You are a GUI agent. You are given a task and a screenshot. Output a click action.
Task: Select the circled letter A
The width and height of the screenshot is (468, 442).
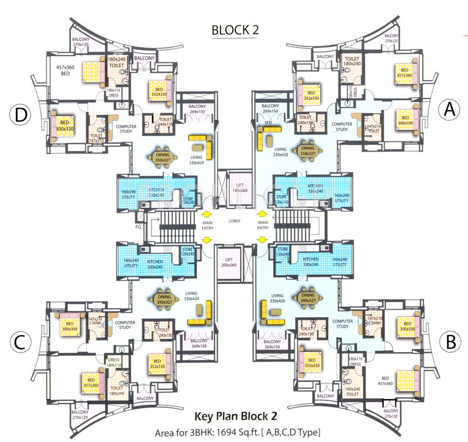[449, 109]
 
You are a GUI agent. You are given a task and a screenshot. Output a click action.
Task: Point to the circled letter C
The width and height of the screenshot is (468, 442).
[20, 342]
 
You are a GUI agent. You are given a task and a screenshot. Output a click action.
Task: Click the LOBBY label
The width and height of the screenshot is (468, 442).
[236, 221]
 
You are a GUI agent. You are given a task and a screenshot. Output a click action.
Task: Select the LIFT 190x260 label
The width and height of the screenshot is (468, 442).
[235, 186]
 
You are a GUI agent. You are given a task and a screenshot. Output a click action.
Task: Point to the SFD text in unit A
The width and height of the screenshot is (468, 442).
[268, 123]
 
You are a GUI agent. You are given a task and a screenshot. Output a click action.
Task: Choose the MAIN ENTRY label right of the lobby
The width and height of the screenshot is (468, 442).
[263, 227]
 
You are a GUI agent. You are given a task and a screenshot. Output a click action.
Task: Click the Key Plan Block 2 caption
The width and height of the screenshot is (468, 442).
[235, 416]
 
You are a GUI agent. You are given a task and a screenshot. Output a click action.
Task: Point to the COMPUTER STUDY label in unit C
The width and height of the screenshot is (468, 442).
[125, 325]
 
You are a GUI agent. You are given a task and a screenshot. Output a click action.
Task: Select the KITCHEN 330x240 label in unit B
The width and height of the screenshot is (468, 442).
[311, 262]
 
